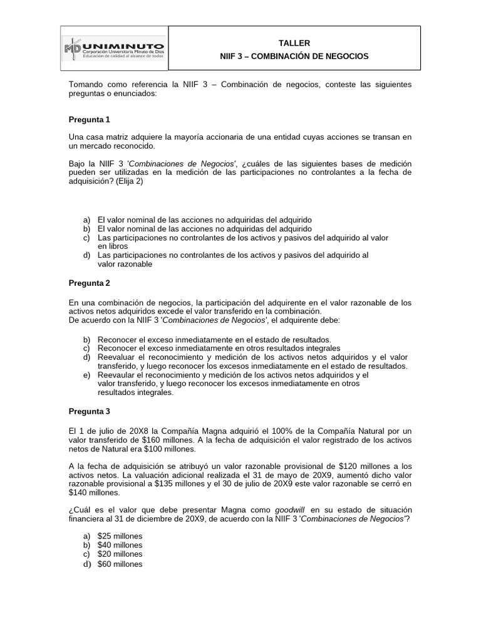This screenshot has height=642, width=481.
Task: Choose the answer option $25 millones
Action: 120,535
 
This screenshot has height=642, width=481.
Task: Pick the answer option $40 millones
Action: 120,545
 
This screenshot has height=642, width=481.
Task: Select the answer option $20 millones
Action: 120,554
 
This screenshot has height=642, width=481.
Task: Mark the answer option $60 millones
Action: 120,564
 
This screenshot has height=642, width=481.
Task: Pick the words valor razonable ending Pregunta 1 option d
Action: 125,265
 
